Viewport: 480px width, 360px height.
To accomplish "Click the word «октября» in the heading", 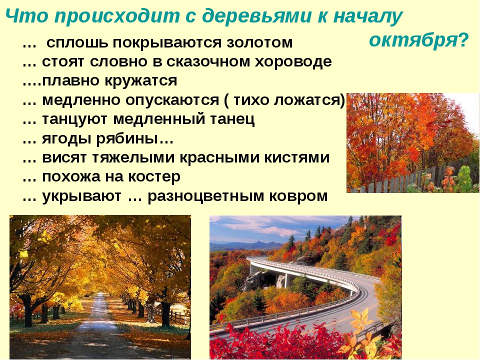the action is [x=413, y=40].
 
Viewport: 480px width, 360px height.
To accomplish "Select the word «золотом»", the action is [x=259, y=42].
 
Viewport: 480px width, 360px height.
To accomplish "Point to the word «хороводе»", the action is [x=293, y=62].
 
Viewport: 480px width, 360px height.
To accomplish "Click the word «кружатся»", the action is [x=141, y=81].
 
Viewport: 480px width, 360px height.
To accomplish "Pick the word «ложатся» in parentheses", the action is [x=306, y=100].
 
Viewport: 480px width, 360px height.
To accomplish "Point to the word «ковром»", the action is [x=298, y=196].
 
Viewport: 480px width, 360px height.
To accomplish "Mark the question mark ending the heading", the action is [x=463, y=40].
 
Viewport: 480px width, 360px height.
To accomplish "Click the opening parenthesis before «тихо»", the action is [x=226, y=100].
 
